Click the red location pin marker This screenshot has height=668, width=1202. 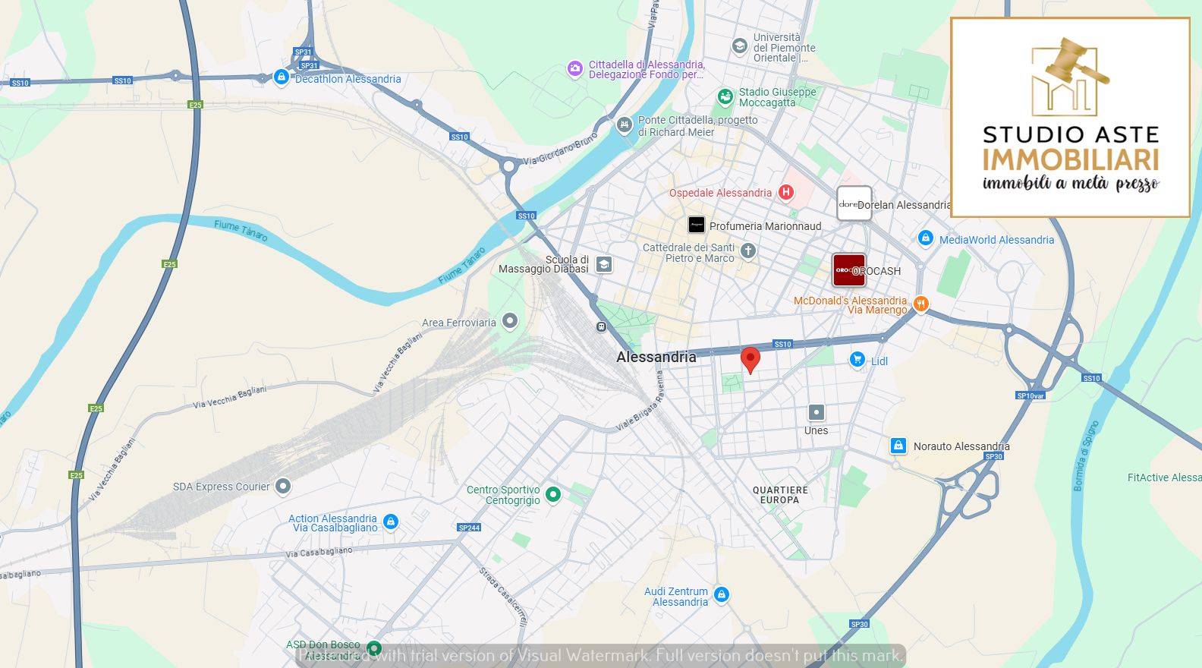pyautogui.click(x=750, y=358)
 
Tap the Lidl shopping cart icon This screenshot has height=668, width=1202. pyautogui.click(x=857, y=360)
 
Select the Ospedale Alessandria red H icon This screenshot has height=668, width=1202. pyautogui.click(x=786, y=193)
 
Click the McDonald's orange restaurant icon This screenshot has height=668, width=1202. pyautogui.click(x=920, y=304)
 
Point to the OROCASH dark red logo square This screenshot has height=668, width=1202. pyautogui.click(x=848, y=270)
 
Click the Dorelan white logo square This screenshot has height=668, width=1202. pyautogui.click(x=854, y=203)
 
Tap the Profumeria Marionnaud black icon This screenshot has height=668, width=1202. pyautogui.click(x=696, y=225)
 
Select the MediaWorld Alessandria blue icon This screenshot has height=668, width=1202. pyautogui.click(x=925, y=239)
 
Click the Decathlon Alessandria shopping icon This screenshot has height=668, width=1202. pyautogui.click(x=282, y=77)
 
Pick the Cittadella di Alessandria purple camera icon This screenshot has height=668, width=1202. pyautogui.click(x=575, y=69)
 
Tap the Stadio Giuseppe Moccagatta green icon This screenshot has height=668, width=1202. pyautogui.click(x=725, y=96)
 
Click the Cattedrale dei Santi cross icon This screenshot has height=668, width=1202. pyautogui.click(x=748, y=251)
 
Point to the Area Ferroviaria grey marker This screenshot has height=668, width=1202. pyautogui.click(x=510, y=322)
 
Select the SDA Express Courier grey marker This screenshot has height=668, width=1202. pyautogui.click(x=283, y=486)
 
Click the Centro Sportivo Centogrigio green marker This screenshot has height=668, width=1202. pyautogui.click(x=553, y=495)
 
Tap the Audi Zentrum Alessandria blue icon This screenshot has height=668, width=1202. pyautogui.click(x=722, y=594)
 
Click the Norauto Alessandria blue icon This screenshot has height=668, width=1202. pyautogui.click(x=898, y=446)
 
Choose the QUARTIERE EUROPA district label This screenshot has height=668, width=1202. pyautogui.click(x=780, y=495)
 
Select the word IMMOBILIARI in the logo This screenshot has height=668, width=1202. pyautogui.click(x=1070, y=160)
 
